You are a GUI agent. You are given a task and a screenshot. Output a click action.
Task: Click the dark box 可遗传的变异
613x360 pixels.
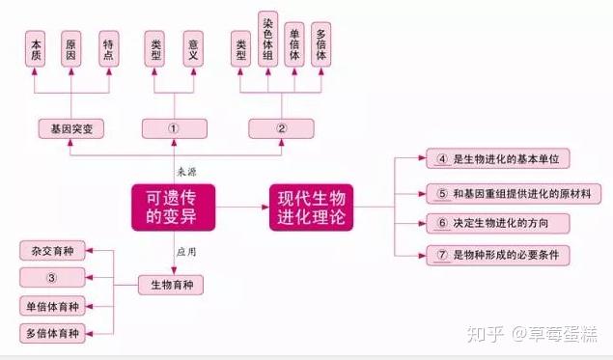point(173,208)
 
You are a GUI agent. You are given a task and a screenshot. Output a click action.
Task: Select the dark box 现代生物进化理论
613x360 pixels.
point(311,208)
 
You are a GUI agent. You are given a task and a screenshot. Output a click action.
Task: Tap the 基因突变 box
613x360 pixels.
point(71,128)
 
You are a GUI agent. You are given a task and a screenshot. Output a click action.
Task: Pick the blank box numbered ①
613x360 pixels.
point(175,128)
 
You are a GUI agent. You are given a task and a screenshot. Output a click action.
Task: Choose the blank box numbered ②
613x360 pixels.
point(281,128)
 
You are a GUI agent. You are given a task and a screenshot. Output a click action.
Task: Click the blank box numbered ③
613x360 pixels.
point(52,278)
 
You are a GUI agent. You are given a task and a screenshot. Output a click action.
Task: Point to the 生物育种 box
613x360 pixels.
point(171,285)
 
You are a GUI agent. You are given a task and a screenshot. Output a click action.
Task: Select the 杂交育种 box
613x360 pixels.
point(52,251)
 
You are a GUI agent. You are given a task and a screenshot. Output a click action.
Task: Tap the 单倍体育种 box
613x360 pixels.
point(52,306)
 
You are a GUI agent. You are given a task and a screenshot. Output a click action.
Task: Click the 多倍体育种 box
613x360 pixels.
point(52,333)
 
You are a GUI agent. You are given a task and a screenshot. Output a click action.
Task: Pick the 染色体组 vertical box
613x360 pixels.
point(267,39)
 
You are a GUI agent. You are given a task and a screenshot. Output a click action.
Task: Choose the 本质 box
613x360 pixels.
point(35,49)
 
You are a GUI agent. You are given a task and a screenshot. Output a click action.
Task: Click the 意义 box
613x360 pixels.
point(193,49)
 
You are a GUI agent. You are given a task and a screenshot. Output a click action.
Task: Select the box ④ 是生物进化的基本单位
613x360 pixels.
point(498,158)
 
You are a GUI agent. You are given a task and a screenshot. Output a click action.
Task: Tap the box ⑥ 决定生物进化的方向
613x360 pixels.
point(498,223)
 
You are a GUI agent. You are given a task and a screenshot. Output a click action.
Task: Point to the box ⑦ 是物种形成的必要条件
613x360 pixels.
point(498,255)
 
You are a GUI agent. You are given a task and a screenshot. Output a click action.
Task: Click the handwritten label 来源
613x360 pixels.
point(186,172)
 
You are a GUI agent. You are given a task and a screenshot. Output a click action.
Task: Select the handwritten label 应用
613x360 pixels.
point(186,252)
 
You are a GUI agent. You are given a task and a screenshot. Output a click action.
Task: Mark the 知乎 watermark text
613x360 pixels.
point(485,335)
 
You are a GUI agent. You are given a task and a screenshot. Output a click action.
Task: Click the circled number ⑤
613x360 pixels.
point(442,193)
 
